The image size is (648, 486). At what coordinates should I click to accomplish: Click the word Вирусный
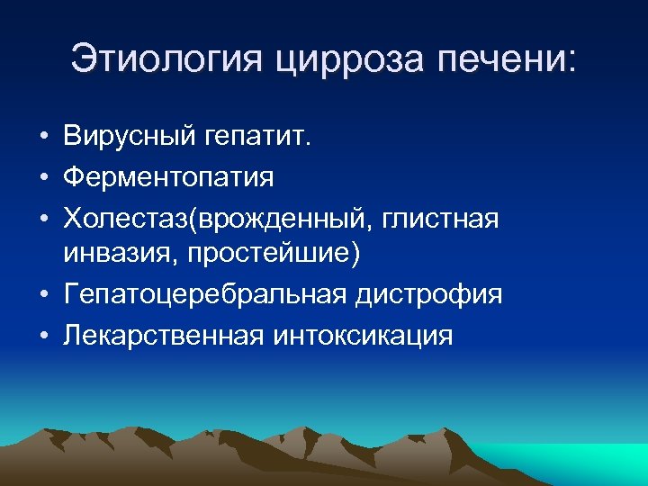click(130, 138)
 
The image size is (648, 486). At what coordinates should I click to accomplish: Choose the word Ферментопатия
click(168, 177)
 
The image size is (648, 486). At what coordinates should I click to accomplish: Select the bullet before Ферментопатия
click(43, 178)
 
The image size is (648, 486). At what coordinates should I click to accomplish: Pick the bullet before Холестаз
click(43, 218)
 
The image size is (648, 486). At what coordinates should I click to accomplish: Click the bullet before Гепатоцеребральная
click(43, 295)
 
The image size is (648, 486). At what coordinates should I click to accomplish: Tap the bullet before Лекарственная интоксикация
click(43, 335)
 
